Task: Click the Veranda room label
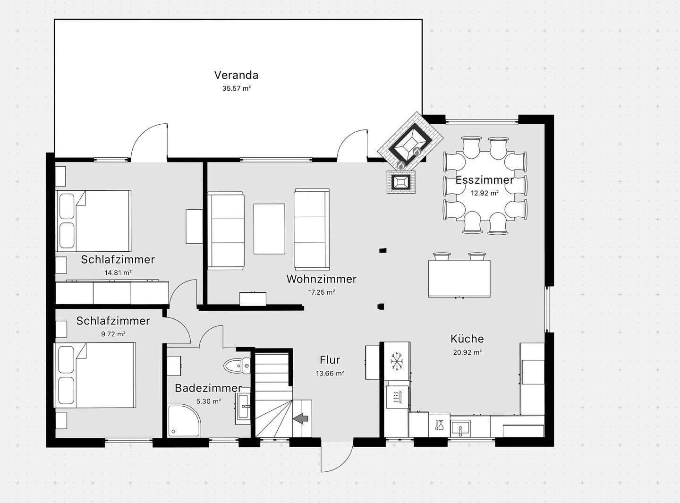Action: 236,75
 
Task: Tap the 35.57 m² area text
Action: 237,89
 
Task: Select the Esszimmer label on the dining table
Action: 484,180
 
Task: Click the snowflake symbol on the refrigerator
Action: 397,361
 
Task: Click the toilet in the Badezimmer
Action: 237,366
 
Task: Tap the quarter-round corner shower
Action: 184,420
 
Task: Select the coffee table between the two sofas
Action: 269,229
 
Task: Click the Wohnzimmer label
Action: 321,279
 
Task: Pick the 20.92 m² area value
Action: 467,352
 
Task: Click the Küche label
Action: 467,339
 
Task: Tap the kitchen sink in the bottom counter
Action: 460,428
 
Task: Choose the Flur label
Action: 330,360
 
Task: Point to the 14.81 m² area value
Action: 118,273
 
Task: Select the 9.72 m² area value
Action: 113,334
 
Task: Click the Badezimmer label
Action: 208,388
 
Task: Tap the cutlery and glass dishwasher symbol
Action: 439,425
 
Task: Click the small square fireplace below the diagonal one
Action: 401,182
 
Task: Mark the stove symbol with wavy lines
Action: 397,397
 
